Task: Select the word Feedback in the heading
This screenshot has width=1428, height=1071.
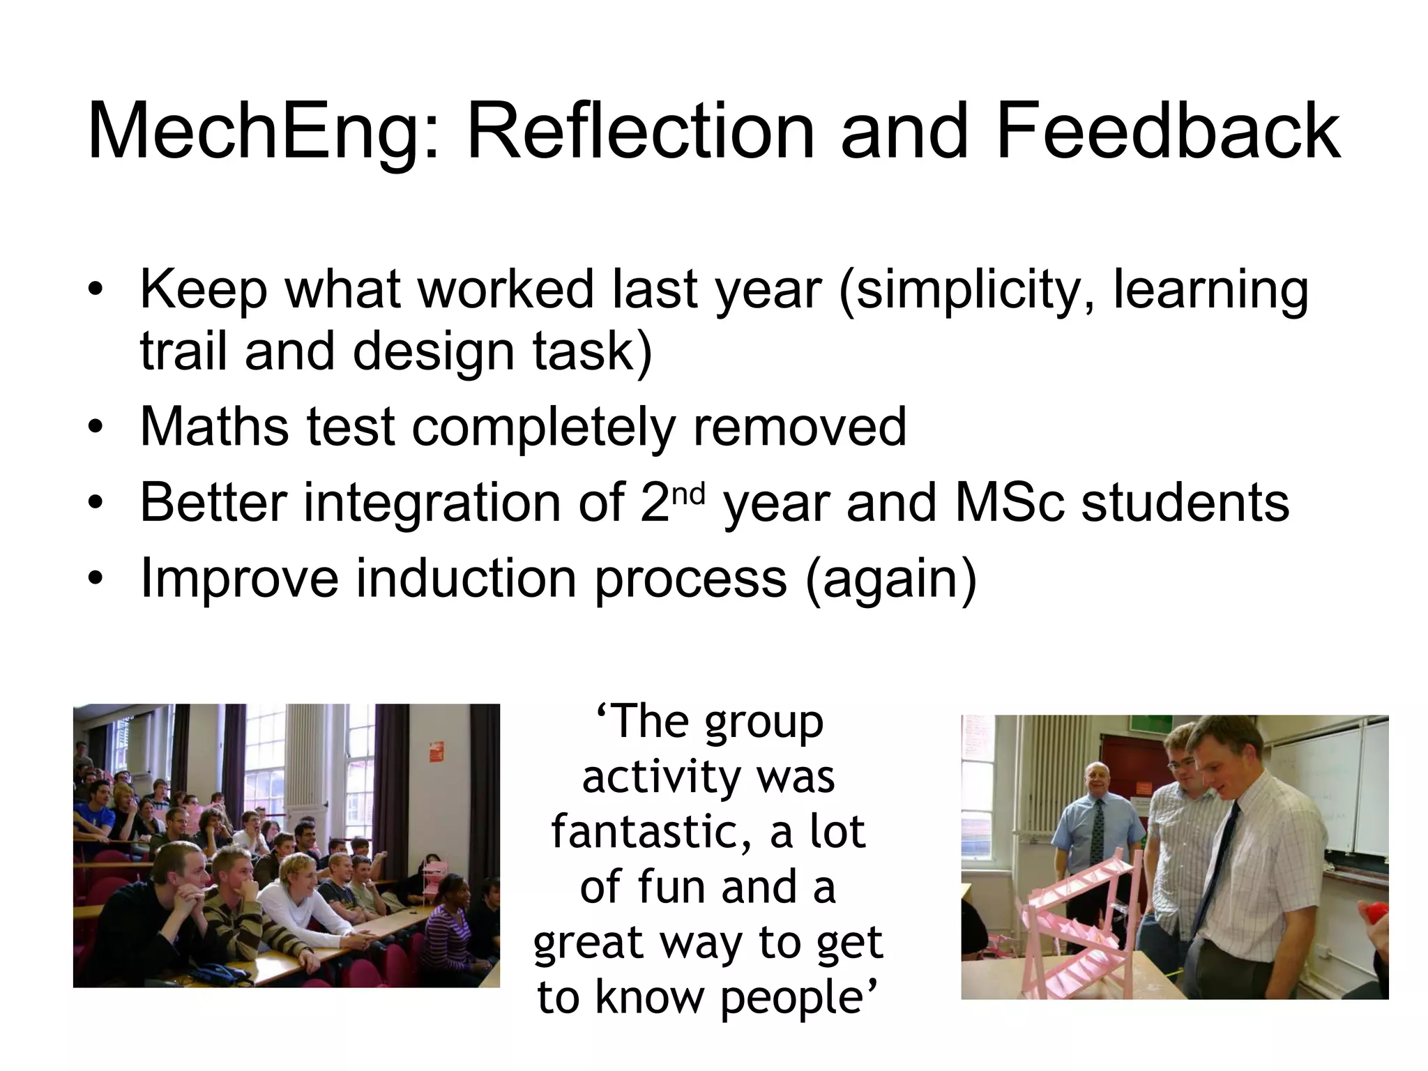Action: click(1167, 132)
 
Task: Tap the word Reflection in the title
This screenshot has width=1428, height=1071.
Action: click(640, 132)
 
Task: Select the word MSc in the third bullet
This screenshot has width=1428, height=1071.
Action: click(1009, 503)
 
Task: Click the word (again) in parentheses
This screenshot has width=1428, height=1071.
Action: click(891, 579)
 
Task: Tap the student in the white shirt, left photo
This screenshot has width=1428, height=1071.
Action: click(293, 899)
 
